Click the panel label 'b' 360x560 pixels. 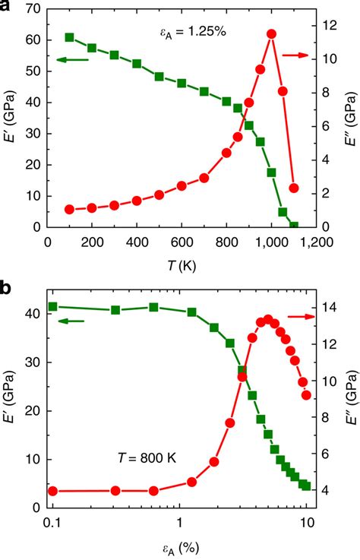(x=6, y=289)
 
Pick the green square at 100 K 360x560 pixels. (x=70, y=37)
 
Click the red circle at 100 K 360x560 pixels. (x=70, y=209)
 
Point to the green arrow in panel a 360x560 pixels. (x=71, y=58)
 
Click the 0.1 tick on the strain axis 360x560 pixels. (x=52, y=522)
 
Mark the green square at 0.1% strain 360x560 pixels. (x=52, y=307)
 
